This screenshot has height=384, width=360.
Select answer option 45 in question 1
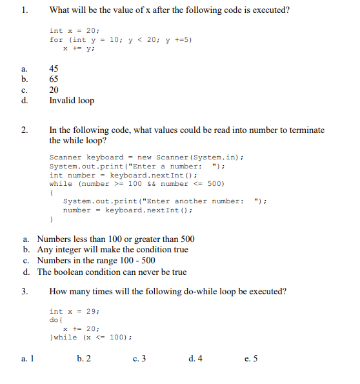55,68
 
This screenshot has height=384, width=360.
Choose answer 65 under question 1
55,79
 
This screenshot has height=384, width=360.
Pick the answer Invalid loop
72,101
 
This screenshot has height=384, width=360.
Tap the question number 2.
25,130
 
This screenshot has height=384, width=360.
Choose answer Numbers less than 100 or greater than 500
115,239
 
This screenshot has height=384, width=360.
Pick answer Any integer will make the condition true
112,250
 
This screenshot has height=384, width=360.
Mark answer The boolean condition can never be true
112,272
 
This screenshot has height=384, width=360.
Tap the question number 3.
25,291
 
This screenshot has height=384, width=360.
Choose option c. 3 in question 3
139,359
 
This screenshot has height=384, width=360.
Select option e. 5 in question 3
251,359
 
